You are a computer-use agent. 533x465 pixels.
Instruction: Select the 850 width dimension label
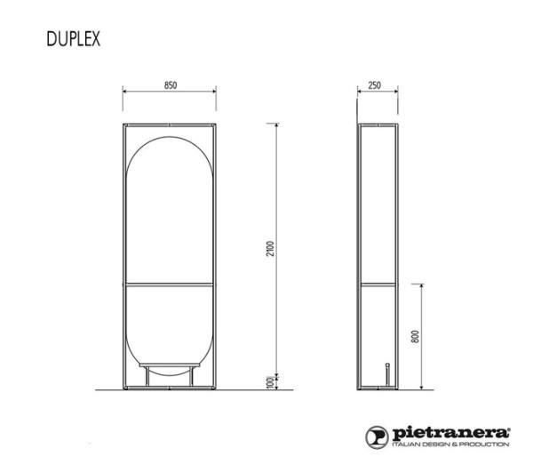click(x=171, y=85)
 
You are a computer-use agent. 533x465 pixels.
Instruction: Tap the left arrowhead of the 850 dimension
click(x=124, y=92)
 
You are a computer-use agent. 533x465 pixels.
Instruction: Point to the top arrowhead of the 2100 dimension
click(x=278, y=122)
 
